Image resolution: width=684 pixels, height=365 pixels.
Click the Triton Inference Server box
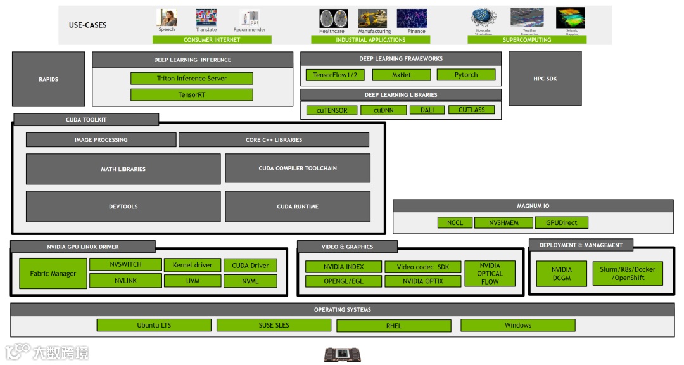pyautogui.click(x=191, y=79)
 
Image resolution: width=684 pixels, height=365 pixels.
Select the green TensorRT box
pyautogui.click(x=191, y=95)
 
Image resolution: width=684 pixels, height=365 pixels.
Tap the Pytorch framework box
pyautogui.click(x=466, y=75)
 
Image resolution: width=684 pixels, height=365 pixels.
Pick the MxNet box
pyautogui.click(x=402, y=75)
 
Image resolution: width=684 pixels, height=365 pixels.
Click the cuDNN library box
pyautogui.click(x=383, y=110)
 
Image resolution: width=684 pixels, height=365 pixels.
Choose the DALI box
pyautogui.click(x=427, y=110)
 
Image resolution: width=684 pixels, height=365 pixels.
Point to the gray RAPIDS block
pyautogui.click(x=48, y=79)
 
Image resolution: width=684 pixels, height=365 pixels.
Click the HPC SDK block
pyautogui.click(x=545, y=79)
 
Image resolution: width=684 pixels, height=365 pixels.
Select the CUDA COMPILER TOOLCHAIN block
pyautogui.click(x=298, y=169)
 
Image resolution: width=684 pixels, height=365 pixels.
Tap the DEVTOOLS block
pyautogui.click(x=123, y=207)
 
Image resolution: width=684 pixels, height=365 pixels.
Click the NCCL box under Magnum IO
pyautogui.click(x=455, y=222)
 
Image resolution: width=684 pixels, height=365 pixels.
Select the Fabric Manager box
pyautogui.click(x=53, y=274)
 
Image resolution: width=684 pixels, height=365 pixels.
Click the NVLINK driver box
pyautogui.click(x=125, y=281)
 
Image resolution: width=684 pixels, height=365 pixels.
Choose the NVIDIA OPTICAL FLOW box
pyautogui.click(x=490, y=274)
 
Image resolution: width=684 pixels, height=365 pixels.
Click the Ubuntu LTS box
pyautogui.click(x=154, y=325)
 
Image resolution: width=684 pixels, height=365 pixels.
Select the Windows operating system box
pyautogui.click(x=517, y=325)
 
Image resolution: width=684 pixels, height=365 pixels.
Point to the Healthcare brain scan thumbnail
pyautogui.click(x=333, y=18)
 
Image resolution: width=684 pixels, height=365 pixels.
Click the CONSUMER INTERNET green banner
pyautogui.click(x=212, y=40)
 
